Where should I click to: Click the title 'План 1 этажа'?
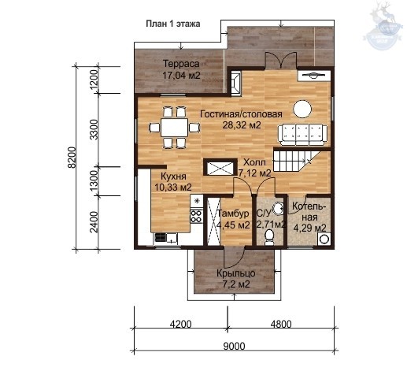point(173,24)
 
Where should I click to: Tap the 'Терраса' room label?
point(181,64)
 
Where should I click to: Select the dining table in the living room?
point(174,128)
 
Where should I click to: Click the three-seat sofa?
point(303,135)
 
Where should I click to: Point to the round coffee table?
point(302,109)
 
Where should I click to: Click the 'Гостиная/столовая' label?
point(241,114)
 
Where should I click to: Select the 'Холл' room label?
point(254,162)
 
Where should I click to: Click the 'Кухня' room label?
point(173,176)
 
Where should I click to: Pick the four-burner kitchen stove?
point(196,216)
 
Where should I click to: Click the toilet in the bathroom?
point(269,236)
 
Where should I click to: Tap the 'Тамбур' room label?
point(233,213)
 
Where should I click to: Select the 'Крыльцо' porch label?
point(236,273)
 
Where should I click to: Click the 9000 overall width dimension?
point(234,347)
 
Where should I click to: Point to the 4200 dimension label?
point(180,325)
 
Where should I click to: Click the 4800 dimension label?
point(281,325)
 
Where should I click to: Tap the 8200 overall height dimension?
point(72,158)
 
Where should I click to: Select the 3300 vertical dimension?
point(94,129)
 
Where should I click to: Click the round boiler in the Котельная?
point(324,239)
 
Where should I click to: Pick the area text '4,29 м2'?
point(309,228)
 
